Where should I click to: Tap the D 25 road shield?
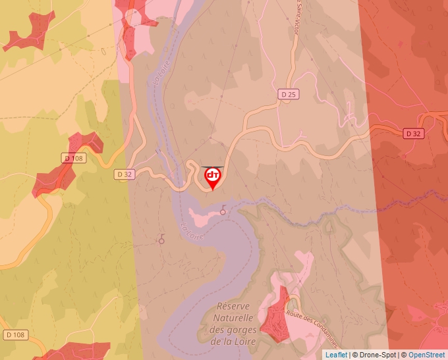coord(288,94)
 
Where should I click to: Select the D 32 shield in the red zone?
coord(413,134)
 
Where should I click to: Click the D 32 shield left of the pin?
coord(125,174)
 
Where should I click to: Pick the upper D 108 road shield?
coord(74,158)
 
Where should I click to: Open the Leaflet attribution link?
coord(335,355)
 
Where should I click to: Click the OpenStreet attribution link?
coord(428,355)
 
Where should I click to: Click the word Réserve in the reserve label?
coord(235,307)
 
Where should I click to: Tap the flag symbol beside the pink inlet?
coord(223,210)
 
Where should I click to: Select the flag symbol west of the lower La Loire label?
coord(161,240)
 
